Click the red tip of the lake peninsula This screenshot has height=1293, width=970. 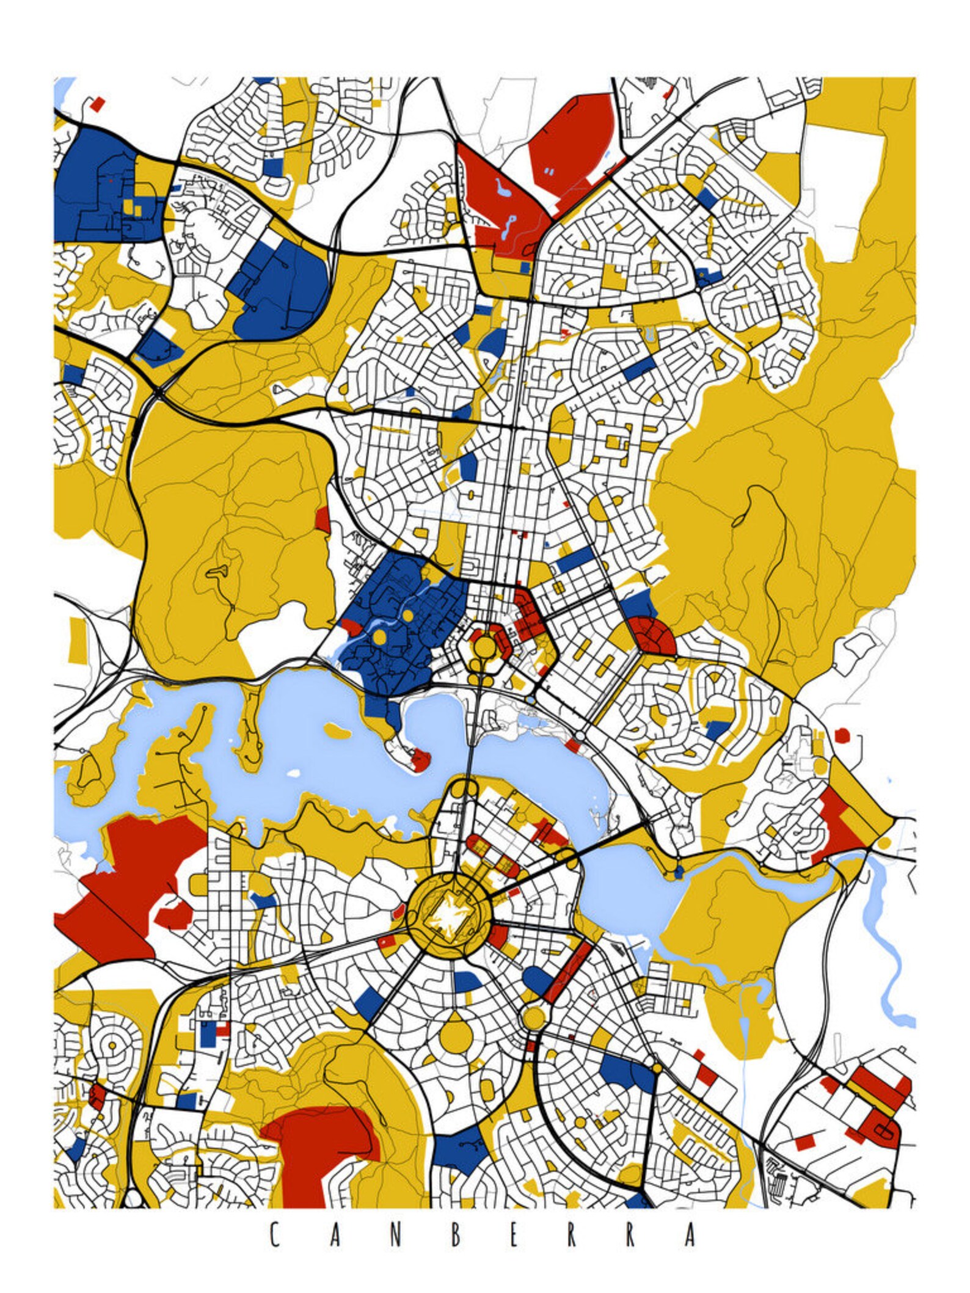click(x=421, y=760)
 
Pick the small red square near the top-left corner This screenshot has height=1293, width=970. click(x=97, y=104)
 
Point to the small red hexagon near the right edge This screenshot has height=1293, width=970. click(x=842, y=735)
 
